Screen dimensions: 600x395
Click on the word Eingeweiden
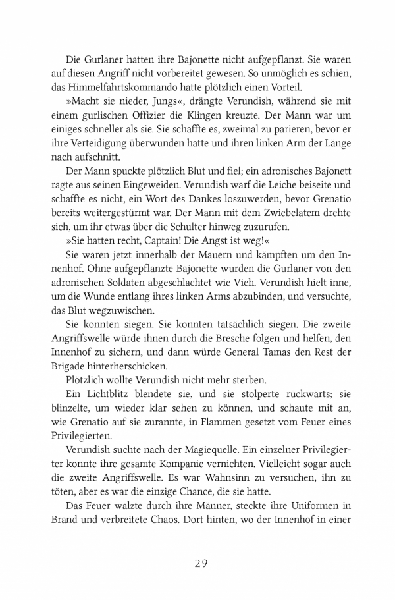(172, 186)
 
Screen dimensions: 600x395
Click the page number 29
(197, 564)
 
